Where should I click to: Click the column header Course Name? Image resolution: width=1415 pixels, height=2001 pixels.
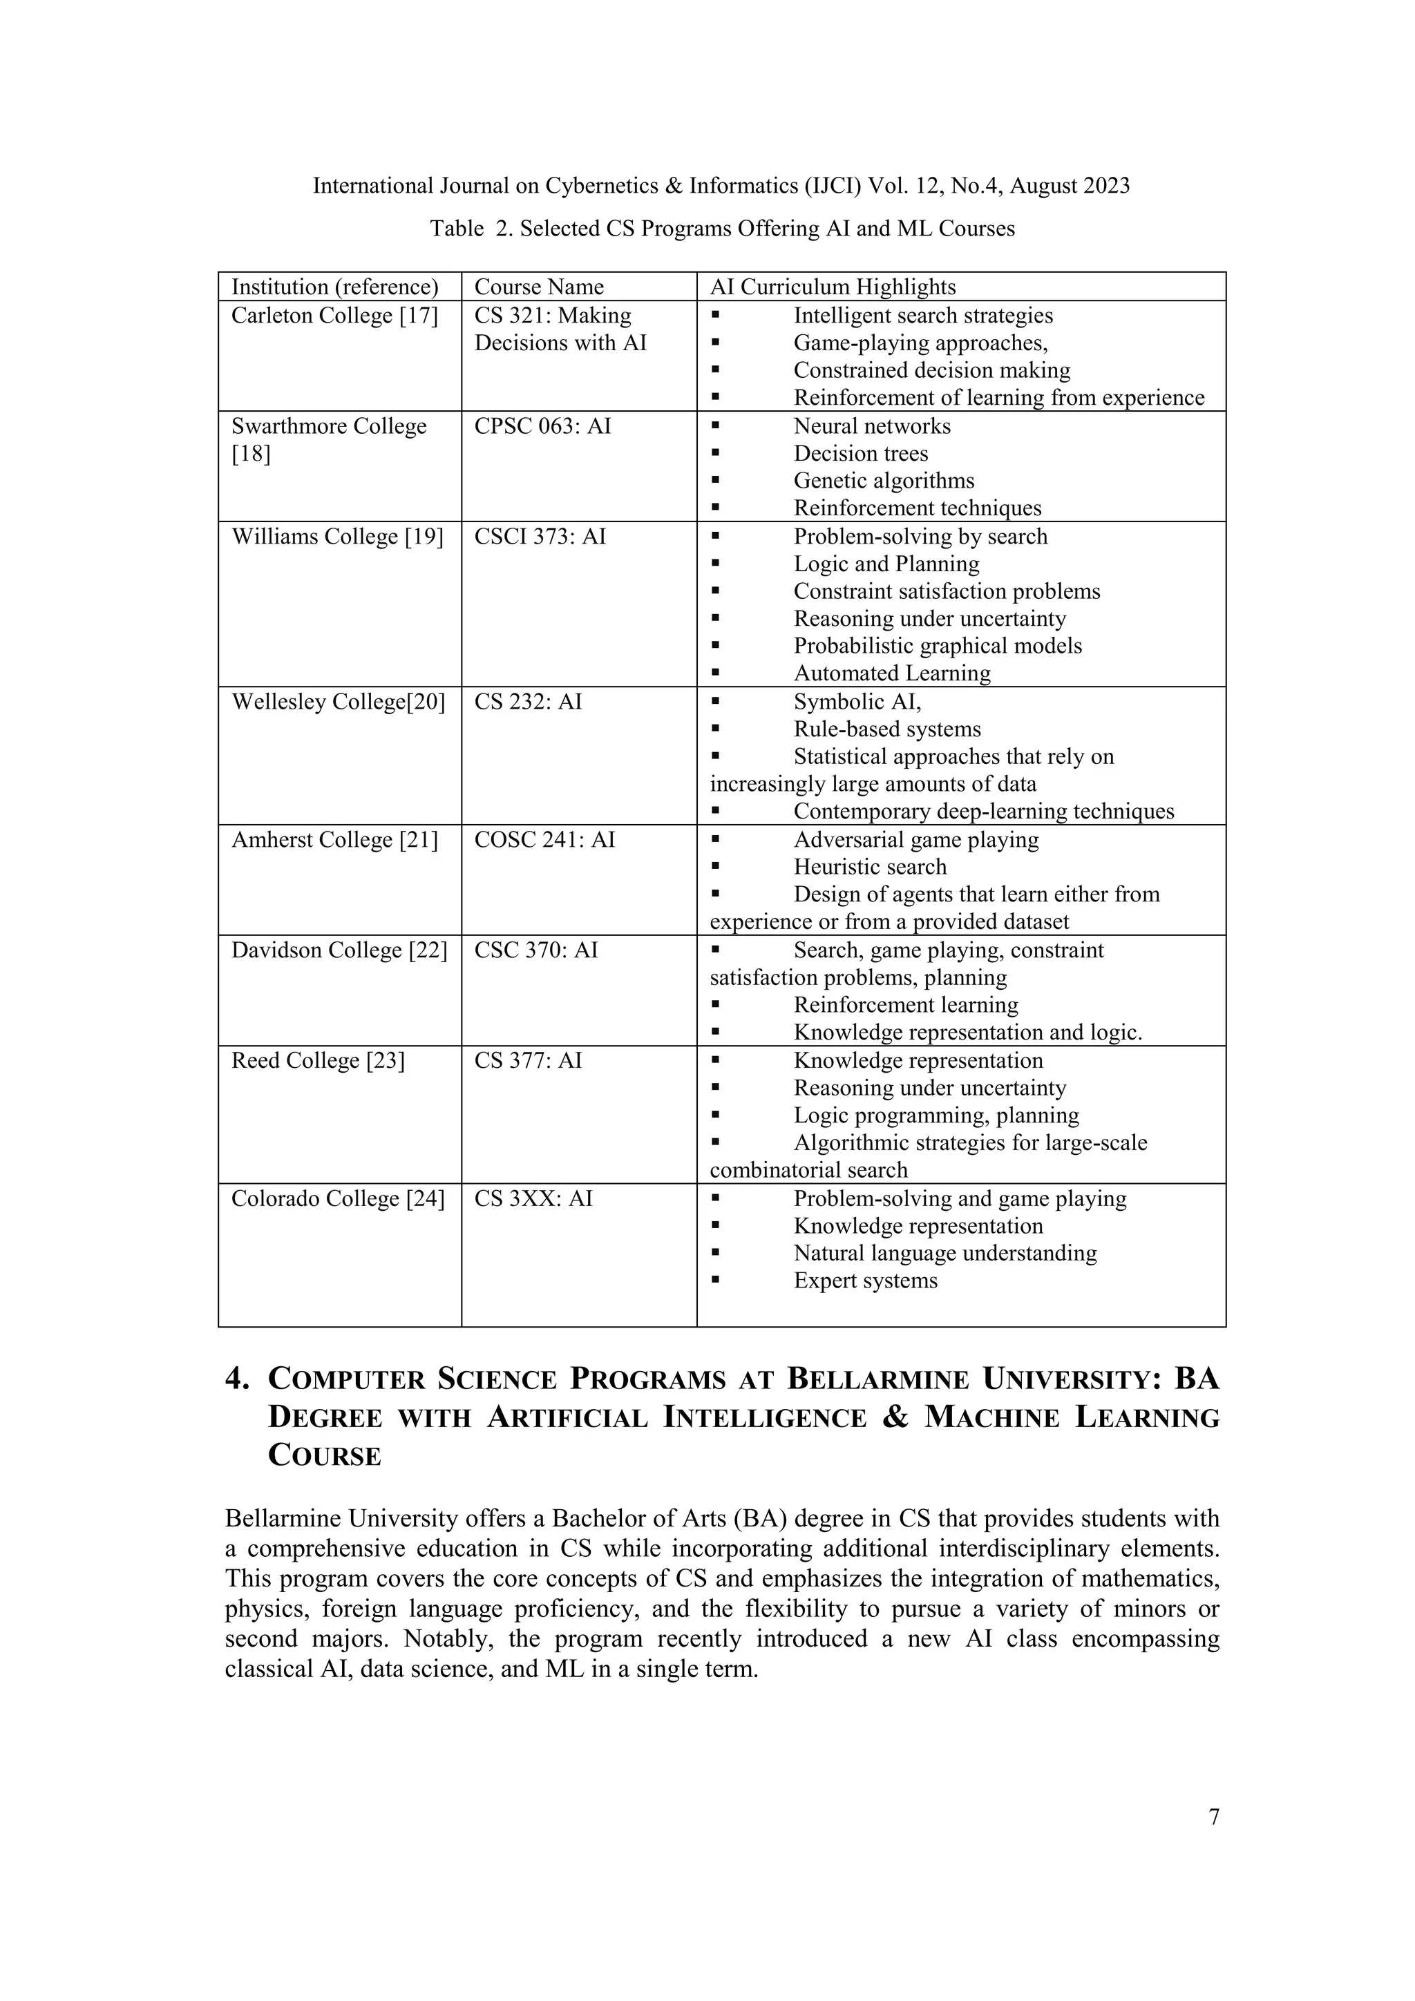click(x=538, y=287)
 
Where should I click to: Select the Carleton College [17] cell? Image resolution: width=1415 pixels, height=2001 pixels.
click(x=334, y=316)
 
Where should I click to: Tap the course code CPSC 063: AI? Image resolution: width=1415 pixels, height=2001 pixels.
click(x=542, y=426)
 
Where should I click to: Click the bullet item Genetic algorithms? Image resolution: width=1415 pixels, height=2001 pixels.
click(x=883, y=481)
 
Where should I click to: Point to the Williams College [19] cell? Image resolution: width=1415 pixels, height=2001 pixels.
click(x=336, y=537)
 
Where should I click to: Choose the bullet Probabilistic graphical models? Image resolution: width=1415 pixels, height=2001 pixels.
click(x=938, y=646)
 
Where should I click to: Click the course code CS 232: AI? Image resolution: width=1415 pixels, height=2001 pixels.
click(x=527, y=702)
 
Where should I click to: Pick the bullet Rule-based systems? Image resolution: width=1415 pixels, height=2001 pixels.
click(x=886, y=729)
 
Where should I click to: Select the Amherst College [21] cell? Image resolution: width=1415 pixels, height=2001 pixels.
click(x=334, y=840)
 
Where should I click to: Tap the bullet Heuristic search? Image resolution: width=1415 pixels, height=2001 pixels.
click(x=869, y=867)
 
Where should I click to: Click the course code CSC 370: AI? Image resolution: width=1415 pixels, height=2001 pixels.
click(x=535, y=950)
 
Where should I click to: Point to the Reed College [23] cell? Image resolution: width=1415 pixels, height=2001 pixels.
click(x=317, y=1061)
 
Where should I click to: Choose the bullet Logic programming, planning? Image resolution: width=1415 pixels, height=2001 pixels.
click(x=936, y=1116)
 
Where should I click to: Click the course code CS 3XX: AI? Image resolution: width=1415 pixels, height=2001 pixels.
click(x=533, y=1198)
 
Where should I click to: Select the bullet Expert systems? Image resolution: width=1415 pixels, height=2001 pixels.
click(x=865, y=1281)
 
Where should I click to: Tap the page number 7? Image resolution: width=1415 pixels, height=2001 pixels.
click(x=1214, y=1817)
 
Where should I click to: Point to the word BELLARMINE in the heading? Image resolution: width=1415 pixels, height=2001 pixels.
click(x=878, y=1379)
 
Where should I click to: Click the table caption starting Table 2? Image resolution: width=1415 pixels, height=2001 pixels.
click(x=722, y=229)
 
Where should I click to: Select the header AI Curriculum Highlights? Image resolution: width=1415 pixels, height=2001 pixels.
click(x=833, y=287)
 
